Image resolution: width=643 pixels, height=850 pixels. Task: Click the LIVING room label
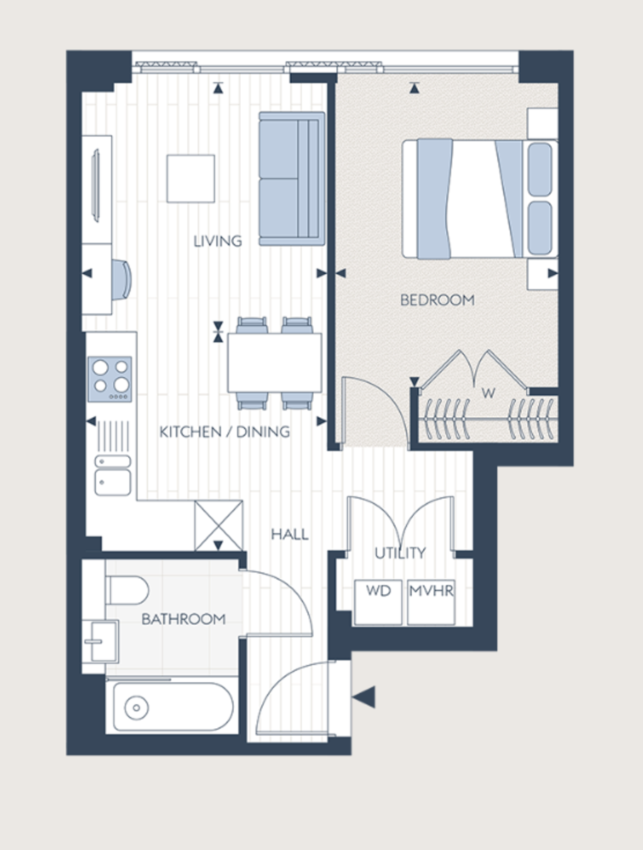[x=217, y=242]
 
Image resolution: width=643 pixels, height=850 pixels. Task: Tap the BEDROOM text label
[x=437, y=300]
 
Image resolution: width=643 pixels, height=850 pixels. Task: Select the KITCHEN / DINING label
[x=224, y=432]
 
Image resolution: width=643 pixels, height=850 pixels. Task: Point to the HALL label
[x=290, y=534]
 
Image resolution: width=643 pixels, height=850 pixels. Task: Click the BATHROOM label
[x=183, y=619]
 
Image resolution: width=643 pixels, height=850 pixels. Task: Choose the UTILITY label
[x=400, y=552]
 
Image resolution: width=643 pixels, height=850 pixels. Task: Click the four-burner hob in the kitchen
[x=110, y=378]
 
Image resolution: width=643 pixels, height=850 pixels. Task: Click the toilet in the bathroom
[x=126, y=589]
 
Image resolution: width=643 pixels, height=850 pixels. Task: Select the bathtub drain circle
[x=134, y=706]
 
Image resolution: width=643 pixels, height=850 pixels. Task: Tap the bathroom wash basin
[x=100, y=640]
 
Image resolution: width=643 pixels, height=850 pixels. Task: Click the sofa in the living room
[x=290, y=178]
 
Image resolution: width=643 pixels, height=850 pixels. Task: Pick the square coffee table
[x=190, y=178]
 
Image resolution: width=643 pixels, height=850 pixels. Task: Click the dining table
[x=274, y=362]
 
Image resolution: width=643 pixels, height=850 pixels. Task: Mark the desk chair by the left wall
[x=122, y=278]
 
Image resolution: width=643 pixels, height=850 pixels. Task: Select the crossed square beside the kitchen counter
[x=218, y=524]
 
